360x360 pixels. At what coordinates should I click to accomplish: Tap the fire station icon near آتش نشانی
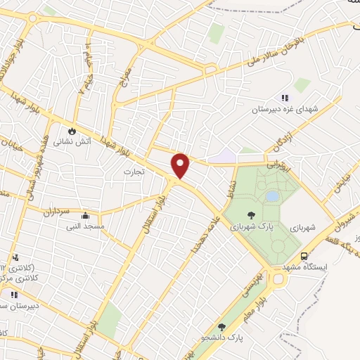click(72, 131)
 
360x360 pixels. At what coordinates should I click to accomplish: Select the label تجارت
click(134, 172)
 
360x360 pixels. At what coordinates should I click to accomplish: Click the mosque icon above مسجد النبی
click(85, 216)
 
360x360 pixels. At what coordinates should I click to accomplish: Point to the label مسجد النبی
click(85, 226)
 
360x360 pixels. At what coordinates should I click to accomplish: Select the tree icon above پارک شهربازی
click(251, 215)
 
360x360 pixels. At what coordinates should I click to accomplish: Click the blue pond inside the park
click(271, 196)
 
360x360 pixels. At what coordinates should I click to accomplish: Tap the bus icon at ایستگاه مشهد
click(304, 257)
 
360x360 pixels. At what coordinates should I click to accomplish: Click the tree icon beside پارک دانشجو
click(222, 326)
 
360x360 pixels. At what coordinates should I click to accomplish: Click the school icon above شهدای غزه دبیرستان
click(285, 98)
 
